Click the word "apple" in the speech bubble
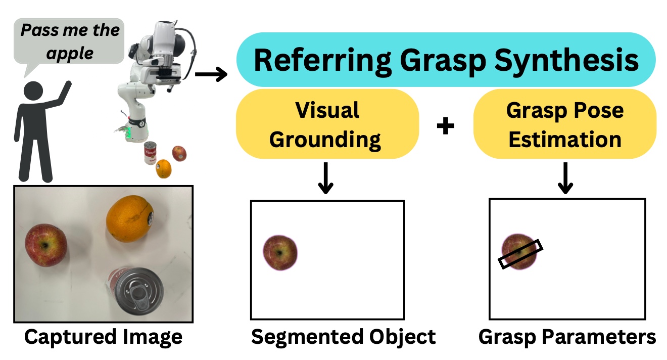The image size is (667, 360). (x=70, y=54)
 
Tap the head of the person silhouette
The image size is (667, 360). (x=33, y=91)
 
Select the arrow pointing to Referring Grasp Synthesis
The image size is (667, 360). (x=211, y=74)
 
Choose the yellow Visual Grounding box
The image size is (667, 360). (x=327, y=124)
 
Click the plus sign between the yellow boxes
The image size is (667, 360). (x=446, y=126)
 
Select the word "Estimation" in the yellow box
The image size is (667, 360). (x=565, y=140)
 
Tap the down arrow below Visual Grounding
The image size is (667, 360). (x=326, y=178)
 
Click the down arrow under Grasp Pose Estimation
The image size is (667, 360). (x=565, y=178)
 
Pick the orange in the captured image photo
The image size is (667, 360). (x=130, y=218)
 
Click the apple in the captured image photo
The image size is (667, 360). (x=46, y=245)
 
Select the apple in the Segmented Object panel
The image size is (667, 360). (x=280, y=253)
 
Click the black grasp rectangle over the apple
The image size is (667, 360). (x=520, y=254)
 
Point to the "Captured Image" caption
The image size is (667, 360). (x=103, y=337)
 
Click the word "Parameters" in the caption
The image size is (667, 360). (x=598, y=337)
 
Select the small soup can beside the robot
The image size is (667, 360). (x=151, y=153)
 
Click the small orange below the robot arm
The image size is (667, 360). (x=164, y=169)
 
